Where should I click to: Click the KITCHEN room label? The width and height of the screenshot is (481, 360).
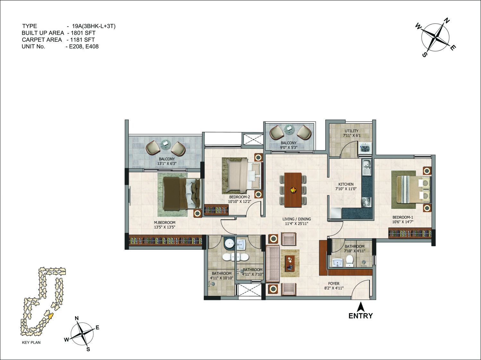click(346, 184)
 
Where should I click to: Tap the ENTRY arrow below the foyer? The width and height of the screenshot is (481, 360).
click(360, 307)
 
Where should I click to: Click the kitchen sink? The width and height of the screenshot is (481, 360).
click(366, 167)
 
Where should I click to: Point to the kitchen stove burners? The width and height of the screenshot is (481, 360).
click(366, 202)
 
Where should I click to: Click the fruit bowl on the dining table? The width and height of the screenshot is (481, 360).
click(293, 190)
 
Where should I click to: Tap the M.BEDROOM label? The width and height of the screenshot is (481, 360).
click(164, 222)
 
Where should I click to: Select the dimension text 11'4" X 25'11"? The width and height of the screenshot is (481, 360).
click(296, 224)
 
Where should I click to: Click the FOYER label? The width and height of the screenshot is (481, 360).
click(334, 283)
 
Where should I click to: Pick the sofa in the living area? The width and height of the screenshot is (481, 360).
click(273, 264)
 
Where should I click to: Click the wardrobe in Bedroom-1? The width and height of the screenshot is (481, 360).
click(410, 233)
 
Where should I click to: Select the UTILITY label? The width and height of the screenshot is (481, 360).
click(352, 131)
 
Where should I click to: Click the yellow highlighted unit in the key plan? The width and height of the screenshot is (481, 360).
click(51, 316)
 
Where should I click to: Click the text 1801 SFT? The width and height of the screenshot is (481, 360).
click(83, 33)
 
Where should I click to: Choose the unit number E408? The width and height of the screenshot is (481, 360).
click(92, 47)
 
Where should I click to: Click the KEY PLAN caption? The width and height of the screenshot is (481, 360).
click(31, 342)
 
